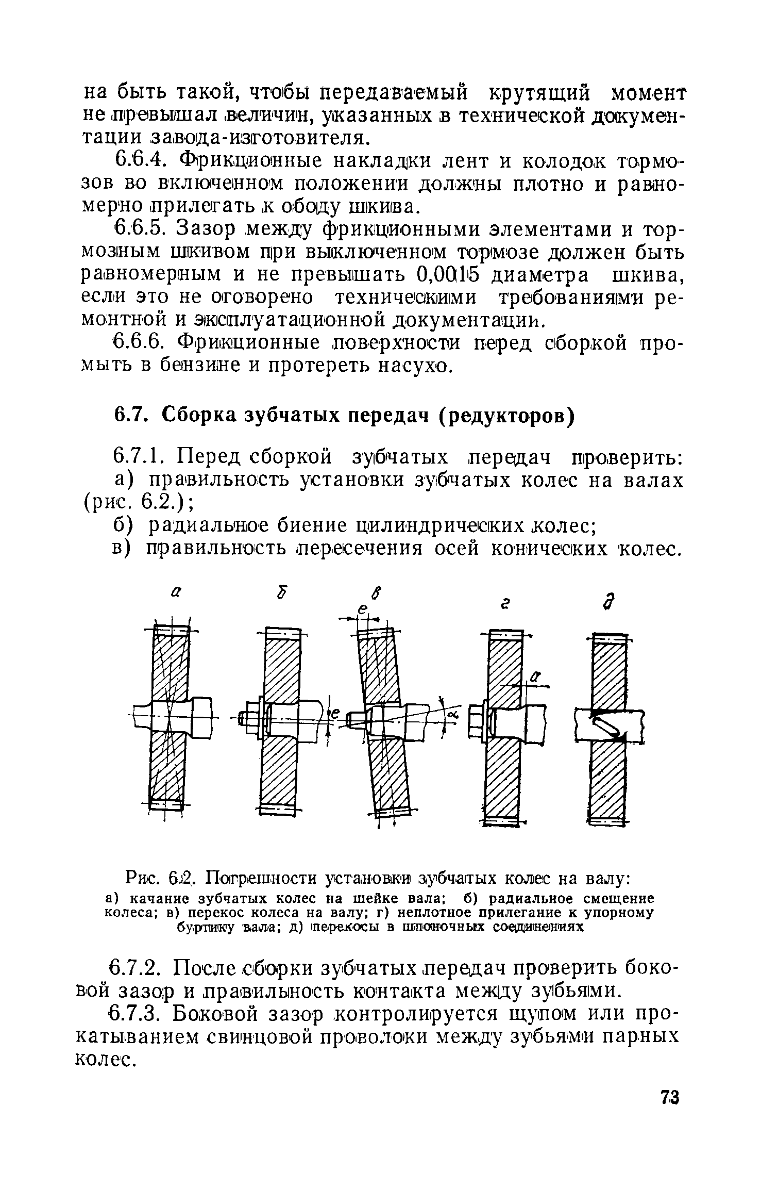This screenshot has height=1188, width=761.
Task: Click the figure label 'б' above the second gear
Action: [281, 593]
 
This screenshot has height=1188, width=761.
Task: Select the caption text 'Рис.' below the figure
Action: [140, 878]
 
